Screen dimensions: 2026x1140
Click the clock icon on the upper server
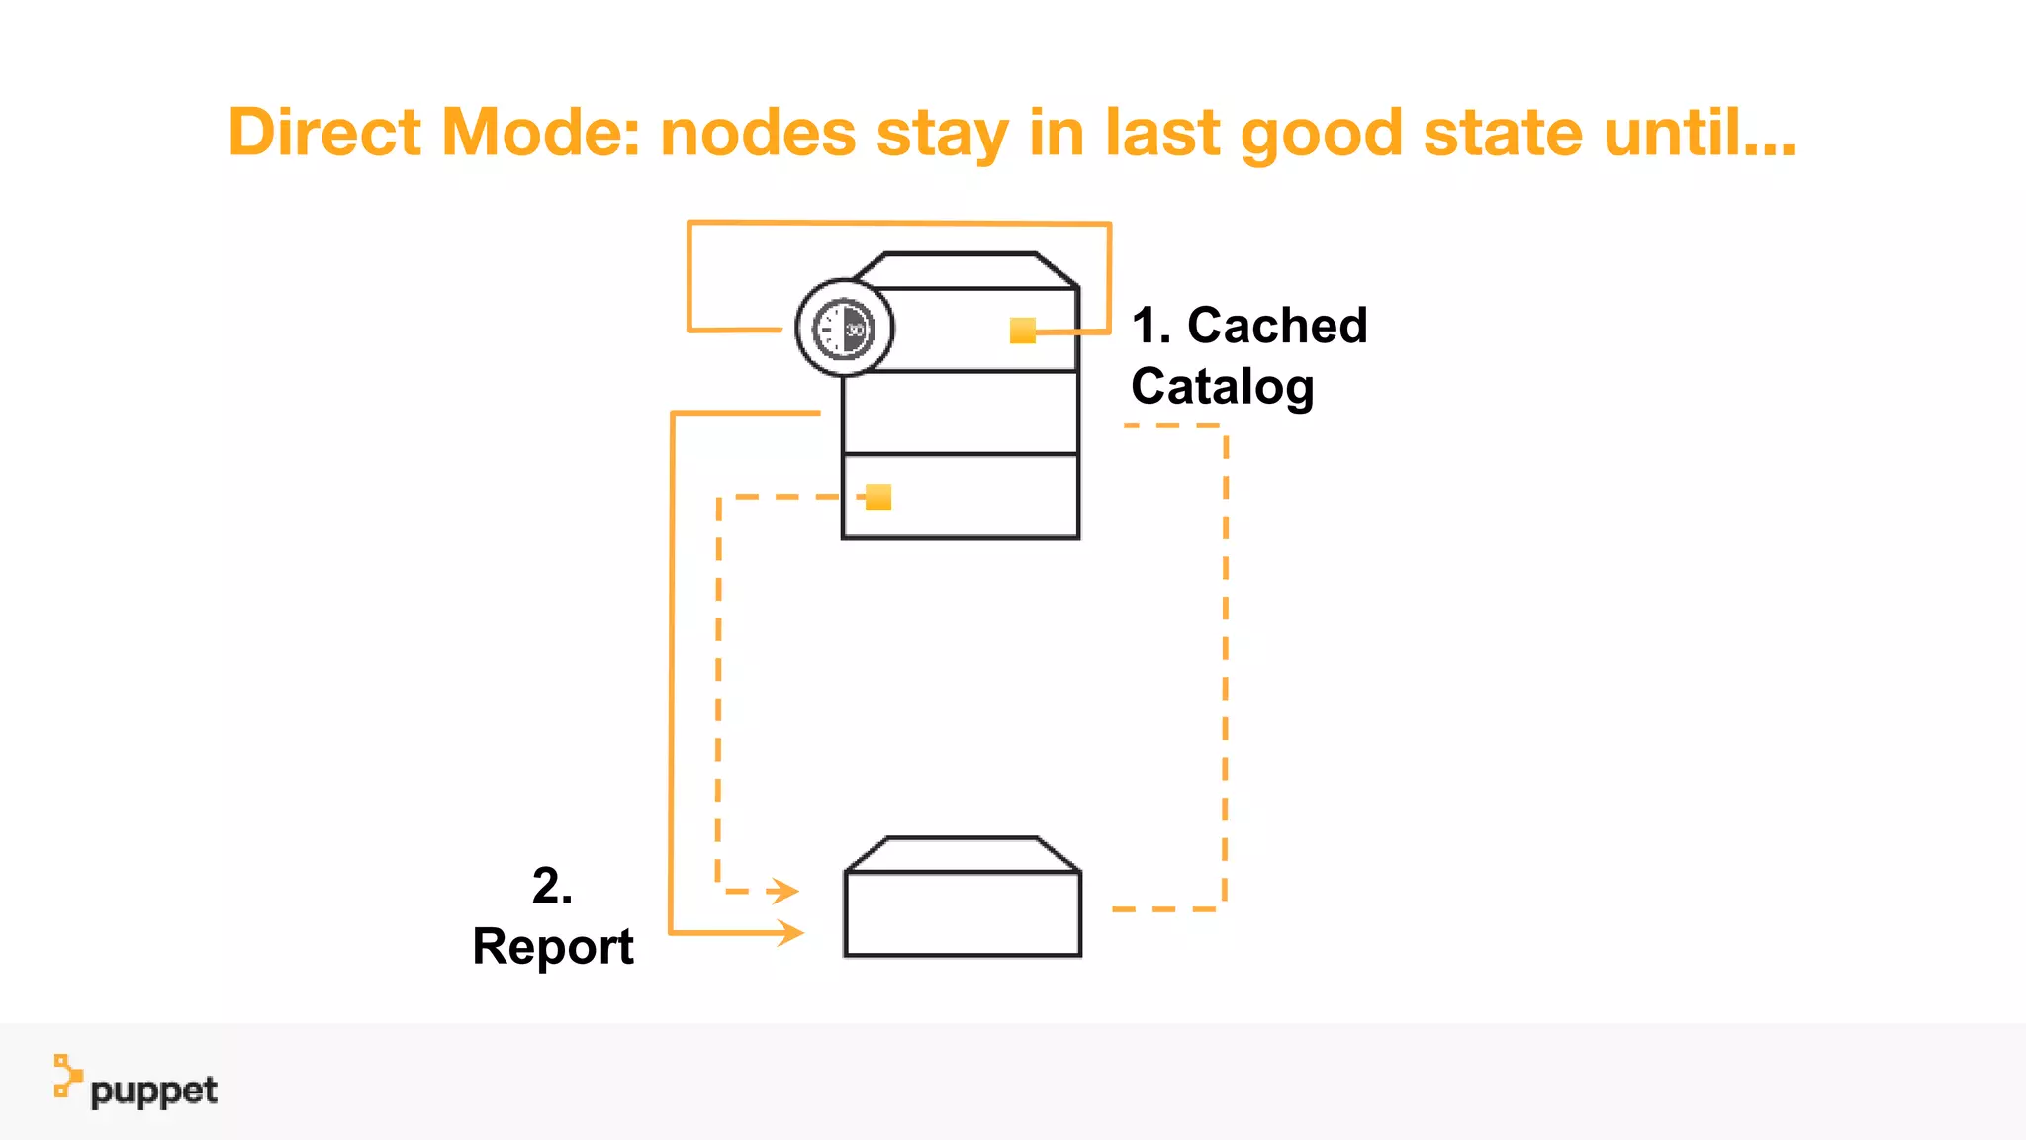tap(844, 329)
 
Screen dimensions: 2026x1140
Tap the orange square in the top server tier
tap(1022, 331)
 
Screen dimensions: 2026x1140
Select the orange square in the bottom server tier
tap(878, 497)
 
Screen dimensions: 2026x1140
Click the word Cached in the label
tap(1276, 326)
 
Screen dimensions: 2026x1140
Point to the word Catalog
tap(1222, 386)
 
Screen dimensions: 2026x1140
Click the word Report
tap(553, 947)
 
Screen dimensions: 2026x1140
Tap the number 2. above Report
tap(552, 885)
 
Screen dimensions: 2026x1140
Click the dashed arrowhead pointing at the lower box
tap(784, 891)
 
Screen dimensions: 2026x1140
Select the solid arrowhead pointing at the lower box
tap(789, 932)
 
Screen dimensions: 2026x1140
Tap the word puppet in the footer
tap(153, 1092)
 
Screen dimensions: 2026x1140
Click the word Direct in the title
tap(324, 133)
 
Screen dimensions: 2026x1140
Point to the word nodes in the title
tap(757, 133)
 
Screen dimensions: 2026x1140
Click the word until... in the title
tap(1699, 133)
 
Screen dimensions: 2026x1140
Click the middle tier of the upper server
tap(960, 413)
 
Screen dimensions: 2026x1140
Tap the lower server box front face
tap(963, 913)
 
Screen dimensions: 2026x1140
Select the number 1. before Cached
tap(1151, 326)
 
